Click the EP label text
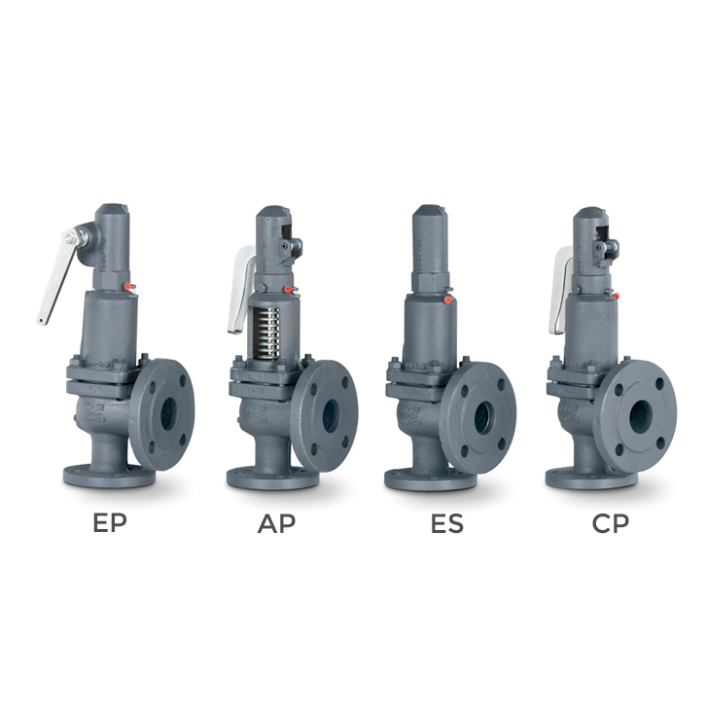(110, 523)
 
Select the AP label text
(276, 523)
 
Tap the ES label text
(447, 523)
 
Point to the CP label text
(611, 523)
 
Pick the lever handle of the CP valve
(561, 289)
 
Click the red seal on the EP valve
(130, 286)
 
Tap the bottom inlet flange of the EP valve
(108, 476)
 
